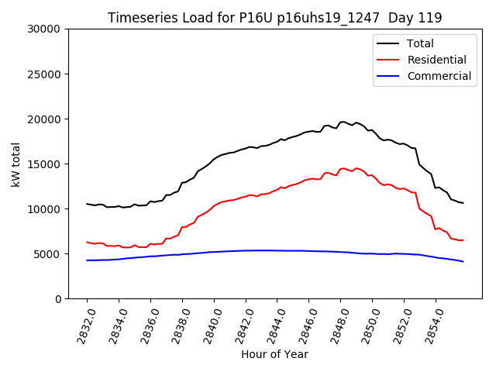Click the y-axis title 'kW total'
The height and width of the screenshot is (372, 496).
pos(16,164)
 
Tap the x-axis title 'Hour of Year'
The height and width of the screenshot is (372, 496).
pos(274,354)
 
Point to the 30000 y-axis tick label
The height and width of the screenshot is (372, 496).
pos(45,29)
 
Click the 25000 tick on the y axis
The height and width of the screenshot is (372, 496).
pos(45,74)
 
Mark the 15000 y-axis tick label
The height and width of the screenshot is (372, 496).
pos(45,164)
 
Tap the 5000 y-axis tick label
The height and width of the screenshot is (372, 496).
pos(48,254)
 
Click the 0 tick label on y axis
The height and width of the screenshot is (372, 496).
pos(58,299)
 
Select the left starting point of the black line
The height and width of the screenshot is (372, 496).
pos(87,204)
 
